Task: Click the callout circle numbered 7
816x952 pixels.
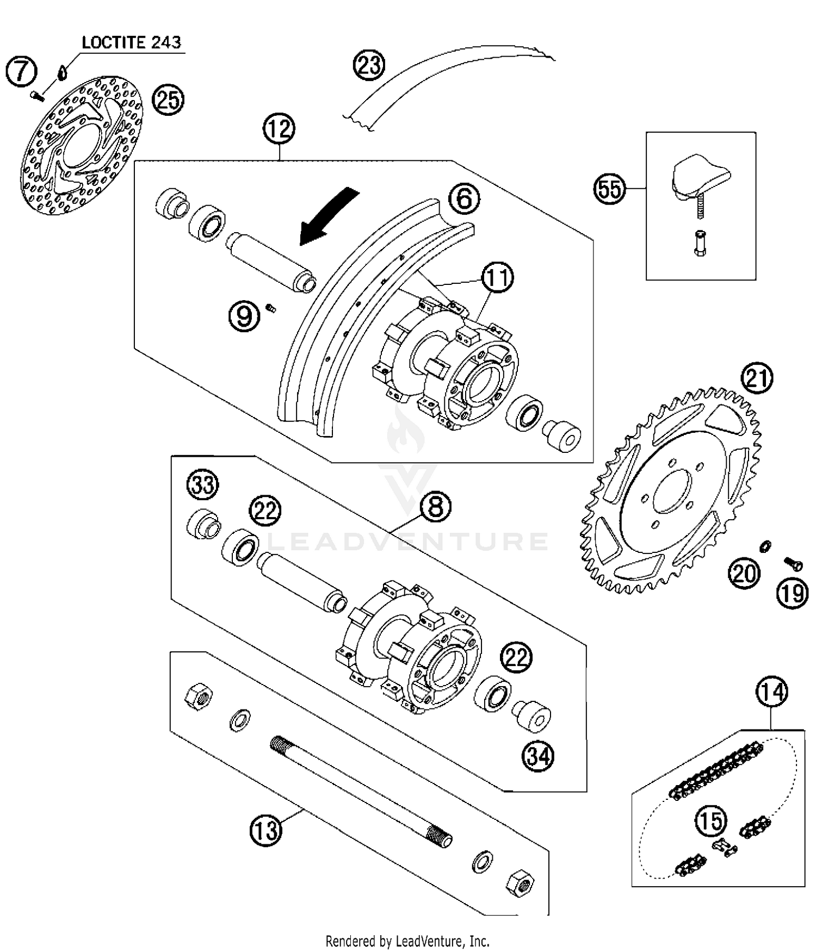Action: (x=21, y=71)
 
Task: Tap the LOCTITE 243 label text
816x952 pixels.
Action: (x=131, y=42)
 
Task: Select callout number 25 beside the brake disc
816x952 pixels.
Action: (x=168, y=100)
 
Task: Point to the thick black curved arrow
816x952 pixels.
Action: (x=328, y=215)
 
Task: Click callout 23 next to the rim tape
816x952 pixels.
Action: (x=368, y=65)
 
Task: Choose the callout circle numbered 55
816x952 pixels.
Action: (x=609, y=189)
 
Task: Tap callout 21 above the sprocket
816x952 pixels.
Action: (x=758, y=378)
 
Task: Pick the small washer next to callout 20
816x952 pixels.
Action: (x=765, y=545)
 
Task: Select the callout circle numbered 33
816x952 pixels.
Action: (x=202, y=484)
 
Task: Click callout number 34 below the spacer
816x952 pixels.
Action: (x=538, y=756)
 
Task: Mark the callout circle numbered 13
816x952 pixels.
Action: (x=265, y=830)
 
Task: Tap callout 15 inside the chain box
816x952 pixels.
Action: (x=711, y=821)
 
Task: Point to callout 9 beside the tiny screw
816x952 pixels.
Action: (x=244, y=316)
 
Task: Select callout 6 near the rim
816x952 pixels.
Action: (x=464, y=198)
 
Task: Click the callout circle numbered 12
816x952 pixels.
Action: (x=279, y=129)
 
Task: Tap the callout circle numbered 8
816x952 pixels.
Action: (x=436, y=507)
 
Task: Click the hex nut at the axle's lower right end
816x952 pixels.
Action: (x=520, y=883)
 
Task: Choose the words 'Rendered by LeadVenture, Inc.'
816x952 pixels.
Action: (x=407, y=941)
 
